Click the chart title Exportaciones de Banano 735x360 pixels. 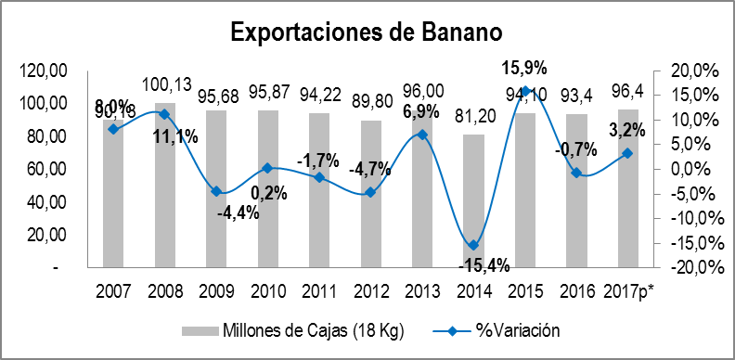click(x=367, y=32)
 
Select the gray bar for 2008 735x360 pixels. click(x=163, y=186)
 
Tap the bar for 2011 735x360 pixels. click(x=318, y=190)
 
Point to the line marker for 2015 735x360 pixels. click(x=524, y=91)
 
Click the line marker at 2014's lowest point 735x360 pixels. click(x=472, y=245)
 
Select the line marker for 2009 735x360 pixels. click(x=215, y=191)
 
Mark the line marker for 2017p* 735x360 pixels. click(x=627, y=153)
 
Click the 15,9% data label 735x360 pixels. click(x=524, y=67)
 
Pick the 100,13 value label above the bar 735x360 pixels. click(x=167, y=85)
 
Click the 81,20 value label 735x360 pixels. click(x=472, y=120)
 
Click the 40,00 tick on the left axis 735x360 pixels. click(x=48, y=201)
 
